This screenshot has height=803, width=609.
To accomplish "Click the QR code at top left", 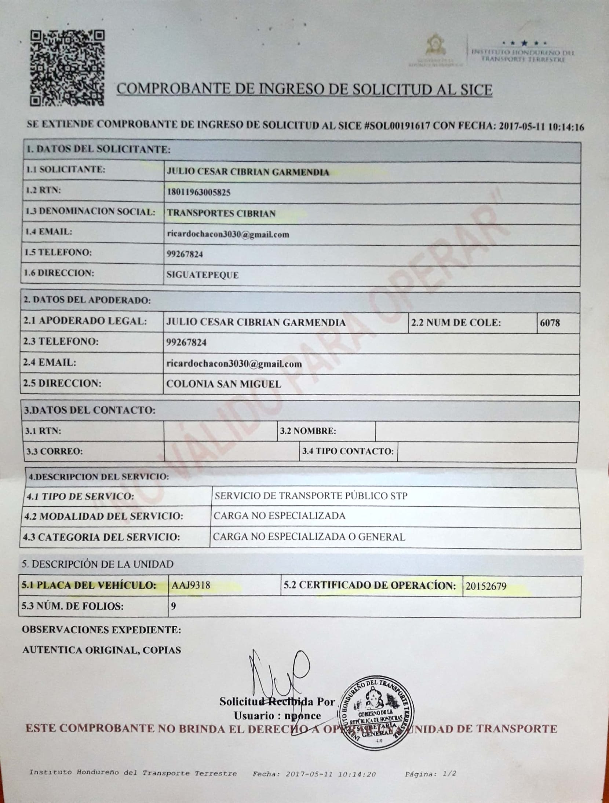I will tap(68, 69).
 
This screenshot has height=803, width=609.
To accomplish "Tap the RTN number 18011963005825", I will tap(198, 192).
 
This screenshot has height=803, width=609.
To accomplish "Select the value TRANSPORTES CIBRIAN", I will tap(221, 213).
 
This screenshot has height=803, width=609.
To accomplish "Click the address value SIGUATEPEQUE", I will tap(203, 275).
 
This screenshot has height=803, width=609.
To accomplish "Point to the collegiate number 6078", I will tap(550, 323).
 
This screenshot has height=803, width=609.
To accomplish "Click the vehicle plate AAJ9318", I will tap(191, 585).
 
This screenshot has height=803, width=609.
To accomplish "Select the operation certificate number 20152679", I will tap(486, 586).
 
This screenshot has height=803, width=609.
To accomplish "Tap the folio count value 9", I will tap(174, 606).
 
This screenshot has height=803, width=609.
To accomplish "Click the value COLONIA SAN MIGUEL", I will tap(224, 384).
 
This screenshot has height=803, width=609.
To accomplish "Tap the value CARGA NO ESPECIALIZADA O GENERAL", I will tap(309, 538).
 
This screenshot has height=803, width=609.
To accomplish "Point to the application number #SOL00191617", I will tap(397, 126).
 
